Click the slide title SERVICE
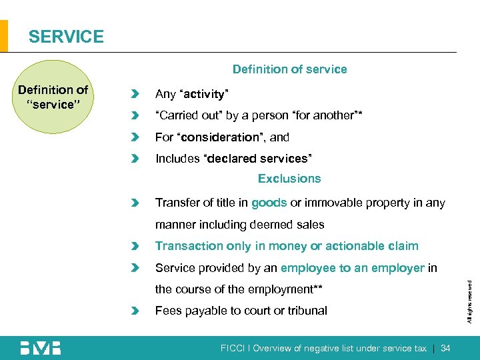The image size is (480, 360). pyautogui.click(x=66, y=37)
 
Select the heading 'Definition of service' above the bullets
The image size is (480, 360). pyautogui.click(x=289, y=69)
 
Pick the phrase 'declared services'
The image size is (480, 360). pyautogui.click(x=260, y=159)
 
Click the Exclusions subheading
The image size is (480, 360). pyautogui.click(x=289, y=179)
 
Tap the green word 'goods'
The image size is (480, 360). pyautogui.click(x=269, y=203)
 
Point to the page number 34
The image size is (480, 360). pyautogui.click(x=446, y=348)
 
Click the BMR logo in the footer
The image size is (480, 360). pyautogui.click(x=40, y=347)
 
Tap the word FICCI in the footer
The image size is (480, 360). pyautogui.click(x=234, y=348)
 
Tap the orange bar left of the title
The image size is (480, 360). pyautogui.click(x=4, y=36)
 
